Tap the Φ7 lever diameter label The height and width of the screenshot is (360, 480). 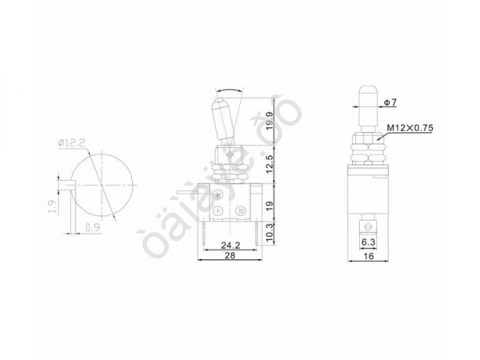pyautogui.click(x=390, y=103)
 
